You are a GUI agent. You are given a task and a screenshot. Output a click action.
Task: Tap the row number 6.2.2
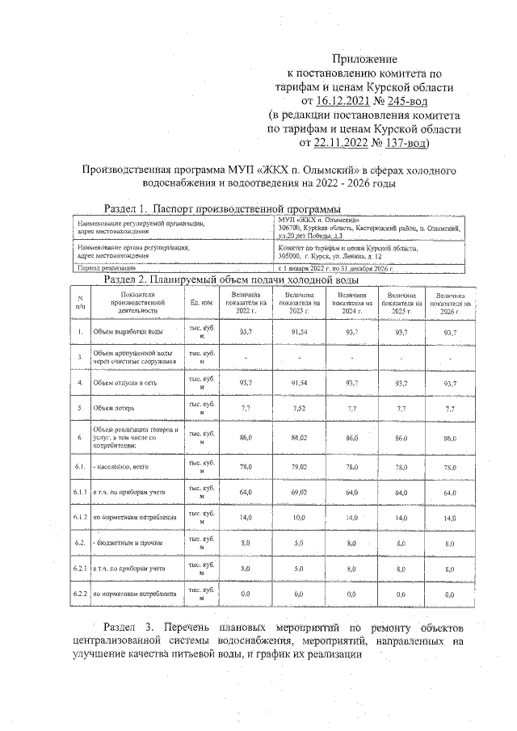pyautogui.click(x=80, y=594)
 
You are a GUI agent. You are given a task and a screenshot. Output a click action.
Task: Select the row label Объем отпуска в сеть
pyautogui.click(x=126, y=381)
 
